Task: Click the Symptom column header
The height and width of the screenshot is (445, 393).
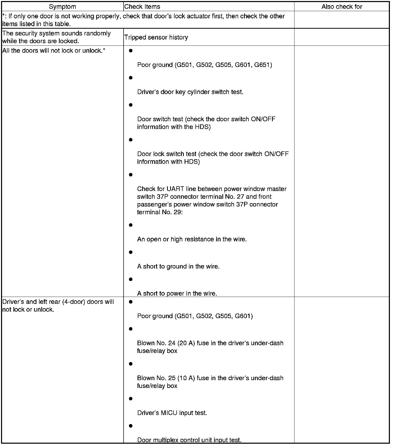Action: point(62,7)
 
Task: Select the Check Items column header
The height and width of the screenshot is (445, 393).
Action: point(142,7)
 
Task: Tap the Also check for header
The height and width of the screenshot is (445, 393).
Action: point(342,7)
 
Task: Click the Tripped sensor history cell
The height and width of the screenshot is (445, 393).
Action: point(156,37)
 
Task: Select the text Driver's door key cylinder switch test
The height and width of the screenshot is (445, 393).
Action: point(190,92)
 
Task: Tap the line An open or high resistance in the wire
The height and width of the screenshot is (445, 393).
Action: point(192,239)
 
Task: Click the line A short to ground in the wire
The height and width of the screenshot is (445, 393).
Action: point(178,266)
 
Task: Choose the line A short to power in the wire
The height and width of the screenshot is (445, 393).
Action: point(177,294)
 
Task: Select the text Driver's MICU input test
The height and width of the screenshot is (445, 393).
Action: point(172,413)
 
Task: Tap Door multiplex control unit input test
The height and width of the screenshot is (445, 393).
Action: point(189,440)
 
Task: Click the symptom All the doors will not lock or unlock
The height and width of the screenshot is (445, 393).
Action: point(54,51)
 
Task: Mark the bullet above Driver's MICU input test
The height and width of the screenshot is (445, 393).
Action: point(131,399)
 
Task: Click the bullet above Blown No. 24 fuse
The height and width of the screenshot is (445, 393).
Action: point(131,329)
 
